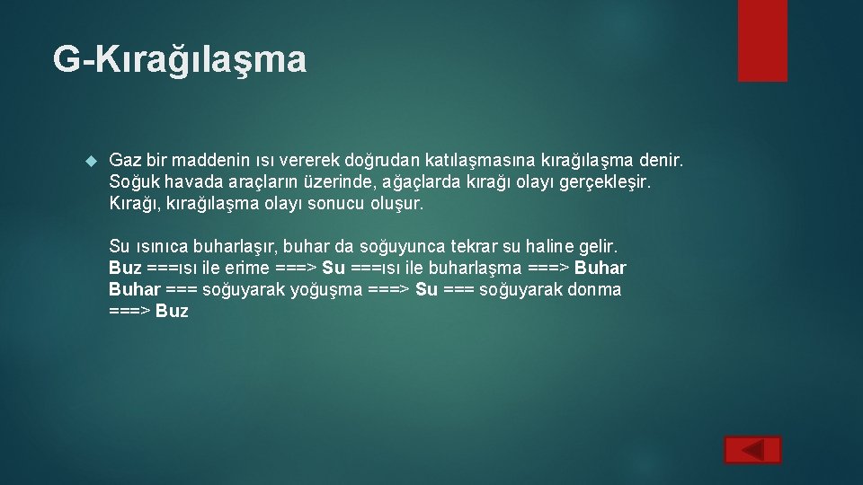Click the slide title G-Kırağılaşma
pyautogui.click(x=180, y=60)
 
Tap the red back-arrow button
pyautogui.click(x=752, y=450)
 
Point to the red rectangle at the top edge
pyautogui.click(x=761, y=40)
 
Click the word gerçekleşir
pyautogui.click(x=607, y=182)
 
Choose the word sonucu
pyautogui.click(x=340, y=204)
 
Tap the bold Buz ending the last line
pyautogui.click(x=172, y=311)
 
